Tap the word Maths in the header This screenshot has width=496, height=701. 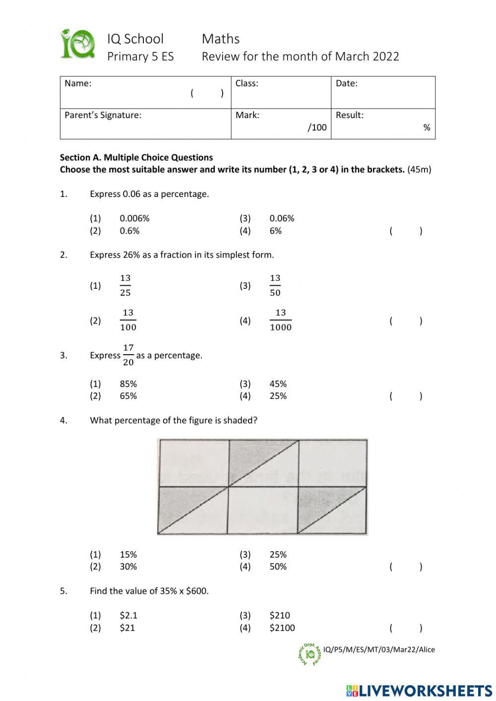pos(220,39)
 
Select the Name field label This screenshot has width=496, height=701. pos(78,83)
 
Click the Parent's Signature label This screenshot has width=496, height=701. pos(103,115)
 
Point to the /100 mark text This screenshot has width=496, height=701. pos(317,127)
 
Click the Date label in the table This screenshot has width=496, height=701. pos(346,83)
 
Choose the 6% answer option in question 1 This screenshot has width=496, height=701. pos(275,231)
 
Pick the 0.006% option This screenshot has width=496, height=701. pos(134,218)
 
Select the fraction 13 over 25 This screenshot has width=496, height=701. pos(125,285)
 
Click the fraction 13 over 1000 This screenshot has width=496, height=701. pos(281,320)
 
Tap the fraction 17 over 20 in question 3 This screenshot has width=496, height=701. pos(128,355)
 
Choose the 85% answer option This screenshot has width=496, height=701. pos(128,384)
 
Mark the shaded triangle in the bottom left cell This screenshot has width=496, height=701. pos(179,501)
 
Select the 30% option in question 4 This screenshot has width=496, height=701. pos(128,567)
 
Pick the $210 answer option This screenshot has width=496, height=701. pos(280,616)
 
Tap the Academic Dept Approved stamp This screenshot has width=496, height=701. pos(310,654)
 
